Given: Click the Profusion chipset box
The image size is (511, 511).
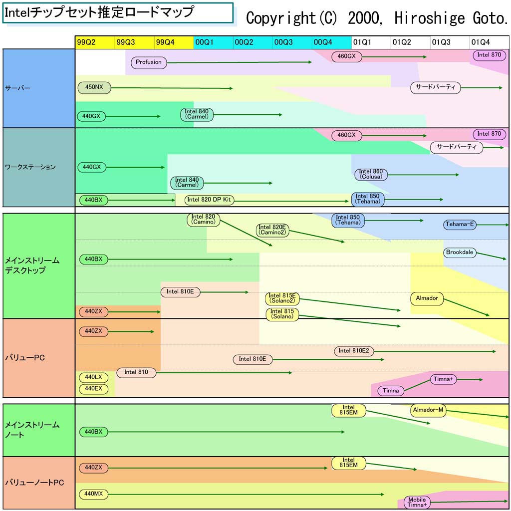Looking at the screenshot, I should click(149, 62).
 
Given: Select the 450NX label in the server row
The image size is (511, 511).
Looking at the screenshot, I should click(94, 87).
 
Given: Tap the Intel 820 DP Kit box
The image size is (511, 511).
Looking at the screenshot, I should click(209, 200).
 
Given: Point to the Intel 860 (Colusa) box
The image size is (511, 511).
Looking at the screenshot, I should click(371, 174).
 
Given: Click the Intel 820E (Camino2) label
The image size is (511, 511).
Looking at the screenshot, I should click(272, 230).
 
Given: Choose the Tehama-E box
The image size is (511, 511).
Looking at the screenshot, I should click(460, 225).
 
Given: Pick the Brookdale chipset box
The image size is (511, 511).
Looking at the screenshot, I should click(460, 253).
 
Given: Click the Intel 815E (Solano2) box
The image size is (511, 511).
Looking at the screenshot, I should click(282, 298).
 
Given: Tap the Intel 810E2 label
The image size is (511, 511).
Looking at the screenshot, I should click(354, 351).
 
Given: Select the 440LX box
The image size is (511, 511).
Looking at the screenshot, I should click(93, 377).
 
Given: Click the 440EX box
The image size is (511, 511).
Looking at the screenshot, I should click(93, 388).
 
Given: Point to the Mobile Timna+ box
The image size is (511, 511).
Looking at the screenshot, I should click(417, 503).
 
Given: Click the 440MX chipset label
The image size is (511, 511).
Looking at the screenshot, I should click(93, 494).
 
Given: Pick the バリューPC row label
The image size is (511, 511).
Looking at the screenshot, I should click(25, 358).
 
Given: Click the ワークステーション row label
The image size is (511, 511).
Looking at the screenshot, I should click(30, 167).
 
